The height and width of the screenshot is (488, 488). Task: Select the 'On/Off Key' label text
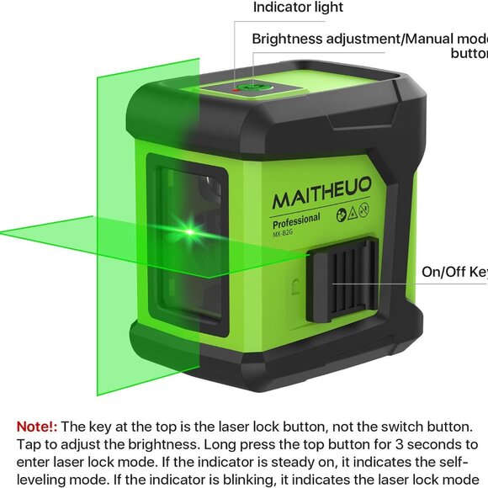pos(454,272)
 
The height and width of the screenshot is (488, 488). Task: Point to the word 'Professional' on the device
pos(296,220)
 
